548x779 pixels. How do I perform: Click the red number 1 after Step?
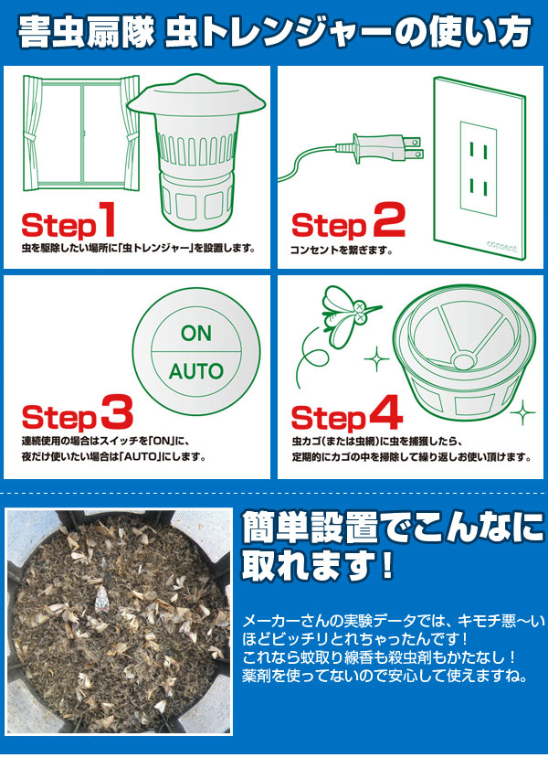(x=107, y=219)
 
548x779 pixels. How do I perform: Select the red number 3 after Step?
(x=117, y=411)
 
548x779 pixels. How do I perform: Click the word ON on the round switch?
(x=196, y=334)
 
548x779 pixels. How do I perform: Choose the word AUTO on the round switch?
(x=196, y=371)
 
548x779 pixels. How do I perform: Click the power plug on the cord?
(x=380, y=147)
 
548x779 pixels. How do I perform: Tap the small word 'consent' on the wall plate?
(x=501, y=245)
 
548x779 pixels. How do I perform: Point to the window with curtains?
(x=81, y=133)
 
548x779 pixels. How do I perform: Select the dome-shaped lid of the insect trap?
(x=196, y=101)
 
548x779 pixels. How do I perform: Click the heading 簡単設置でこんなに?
(x=393, y=528)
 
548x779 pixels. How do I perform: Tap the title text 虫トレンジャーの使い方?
(x=348, y=33)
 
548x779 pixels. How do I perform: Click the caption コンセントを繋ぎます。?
(x=341, y=250)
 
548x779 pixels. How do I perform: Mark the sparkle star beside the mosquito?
(x=376, y=358)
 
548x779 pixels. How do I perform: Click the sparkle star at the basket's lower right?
(x=522, y=411)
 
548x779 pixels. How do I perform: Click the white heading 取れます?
(x=317, y=565)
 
